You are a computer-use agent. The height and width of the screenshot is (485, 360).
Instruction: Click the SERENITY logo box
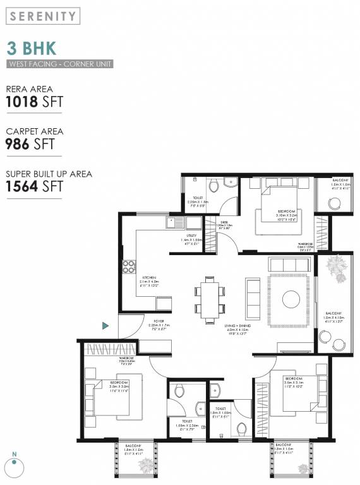pyautogui.click(x=43, y=16)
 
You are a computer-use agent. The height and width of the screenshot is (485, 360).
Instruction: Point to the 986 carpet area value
pyautogui.click(x=18, y=144)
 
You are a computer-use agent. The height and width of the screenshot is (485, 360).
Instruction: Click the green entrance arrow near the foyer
pyautogui.click(x=105, y=325)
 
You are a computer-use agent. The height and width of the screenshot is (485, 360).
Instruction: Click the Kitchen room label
pyautogui.click(x=149, y=278)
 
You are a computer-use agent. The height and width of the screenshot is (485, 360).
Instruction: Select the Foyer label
pyautogui.click(x=159, y=321)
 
